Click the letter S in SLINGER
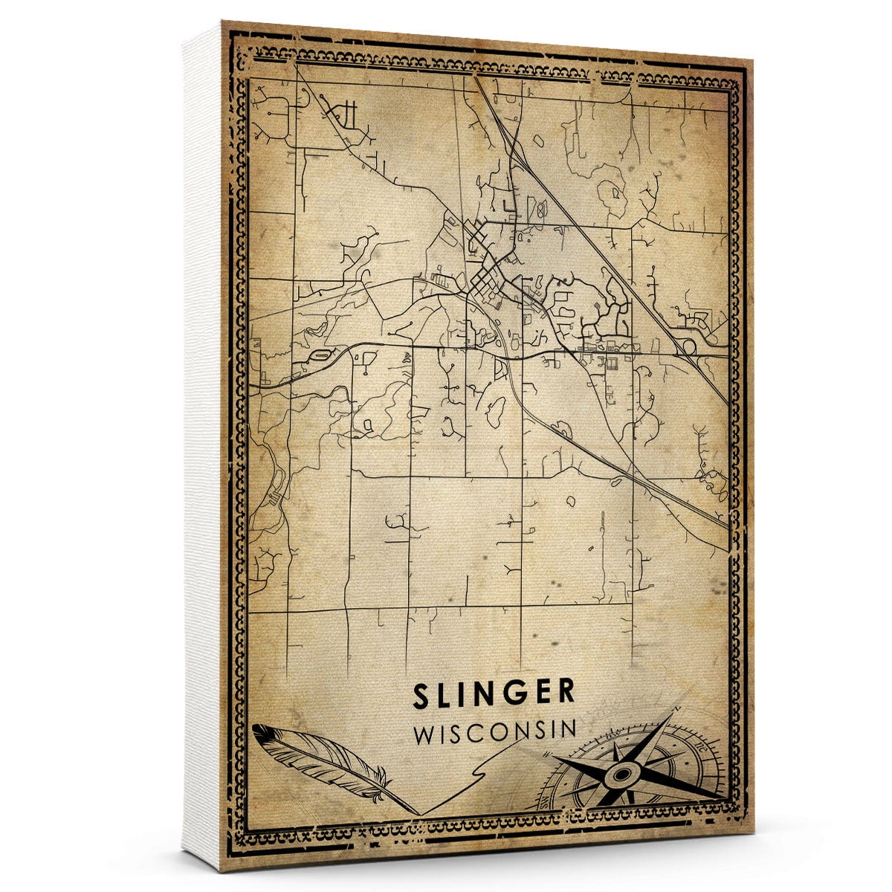pyautogui.click(x=422, y=693)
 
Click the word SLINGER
pyautogui.click(x=494, y=693)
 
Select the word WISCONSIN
pyautogui.click(x=495, y=731)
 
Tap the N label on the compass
pyautogui.click(x=676, y=711)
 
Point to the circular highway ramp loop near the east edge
pyautogui.click(x=687, y=345)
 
